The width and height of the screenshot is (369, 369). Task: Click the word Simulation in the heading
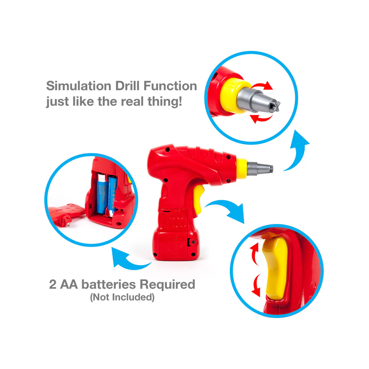click(x=79, y=86)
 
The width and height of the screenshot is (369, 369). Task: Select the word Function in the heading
click(x=170, y=86)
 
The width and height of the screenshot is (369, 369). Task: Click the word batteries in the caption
click(x=108, y=284)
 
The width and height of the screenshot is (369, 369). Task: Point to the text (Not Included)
click(x=122, y=297)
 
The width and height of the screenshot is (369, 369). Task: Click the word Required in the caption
click(x=167, y=285)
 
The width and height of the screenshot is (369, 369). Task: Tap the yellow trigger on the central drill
click(x=198, y=199)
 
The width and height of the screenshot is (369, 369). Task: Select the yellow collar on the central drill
click(x=242, y=168)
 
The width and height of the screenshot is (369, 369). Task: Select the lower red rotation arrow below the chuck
click(x=261, y=118)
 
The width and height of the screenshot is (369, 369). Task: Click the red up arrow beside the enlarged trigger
click(x=255, y=253)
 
